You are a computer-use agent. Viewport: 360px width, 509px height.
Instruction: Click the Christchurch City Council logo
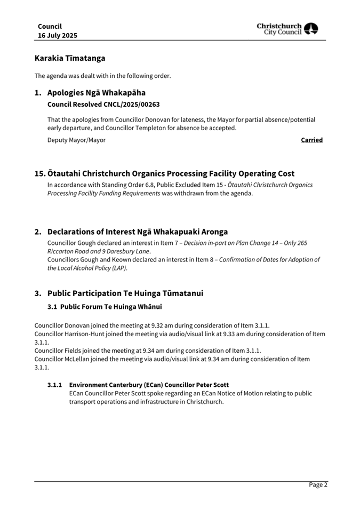(x=287, y=29)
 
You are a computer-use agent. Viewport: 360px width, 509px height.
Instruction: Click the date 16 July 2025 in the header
(x=57, y=35)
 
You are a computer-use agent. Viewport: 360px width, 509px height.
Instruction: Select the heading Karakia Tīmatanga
(x=70, y=58)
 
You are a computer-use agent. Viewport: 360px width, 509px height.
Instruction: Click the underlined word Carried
(x=311, y=140)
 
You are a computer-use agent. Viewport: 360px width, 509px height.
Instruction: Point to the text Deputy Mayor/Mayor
(x=76, y=140)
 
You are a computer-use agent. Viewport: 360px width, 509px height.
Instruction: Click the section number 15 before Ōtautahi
(x=39, y=173)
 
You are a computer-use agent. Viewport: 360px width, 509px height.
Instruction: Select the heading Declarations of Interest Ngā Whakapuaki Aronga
(x=137, y=232)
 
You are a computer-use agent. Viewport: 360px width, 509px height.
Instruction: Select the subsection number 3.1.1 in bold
(x=54, y=385)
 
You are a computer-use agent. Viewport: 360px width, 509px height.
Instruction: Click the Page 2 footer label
(x=318, y=484)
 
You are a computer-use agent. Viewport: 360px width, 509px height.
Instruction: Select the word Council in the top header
(x=50, y=26)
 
